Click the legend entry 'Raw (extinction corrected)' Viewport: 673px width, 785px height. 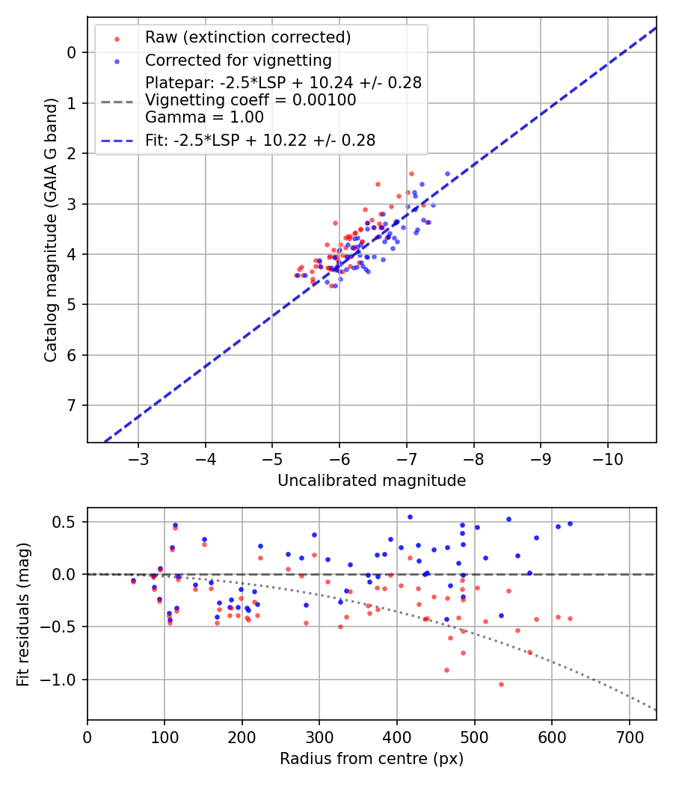(x=248, y=37)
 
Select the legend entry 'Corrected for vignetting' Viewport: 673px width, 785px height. (x=238, y=60)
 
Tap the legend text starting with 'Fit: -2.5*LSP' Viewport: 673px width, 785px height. (x=259, y=140)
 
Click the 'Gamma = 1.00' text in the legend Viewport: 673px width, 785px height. (x=204, y=117)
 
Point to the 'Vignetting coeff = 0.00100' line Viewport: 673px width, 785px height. (x=251, y=100)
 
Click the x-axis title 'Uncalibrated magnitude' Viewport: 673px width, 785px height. (x=372, y=481)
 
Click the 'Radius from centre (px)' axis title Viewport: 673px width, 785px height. (x=372, y=759)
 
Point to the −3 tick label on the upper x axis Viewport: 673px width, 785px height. (x=138, y=458)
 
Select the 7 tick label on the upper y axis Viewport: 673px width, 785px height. (x=72, y=406)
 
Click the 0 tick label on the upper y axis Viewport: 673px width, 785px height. (x=72, y=52)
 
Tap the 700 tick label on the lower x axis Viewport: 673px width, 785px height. (x=629, y=736)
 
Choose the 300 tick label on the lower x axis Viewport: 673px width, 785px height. (x=319, y=736)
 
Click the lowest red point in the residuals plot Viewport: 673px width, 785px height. (x=501, y=684)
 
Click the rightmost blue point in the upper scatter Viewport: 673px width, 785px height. (x=448, y=173)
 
